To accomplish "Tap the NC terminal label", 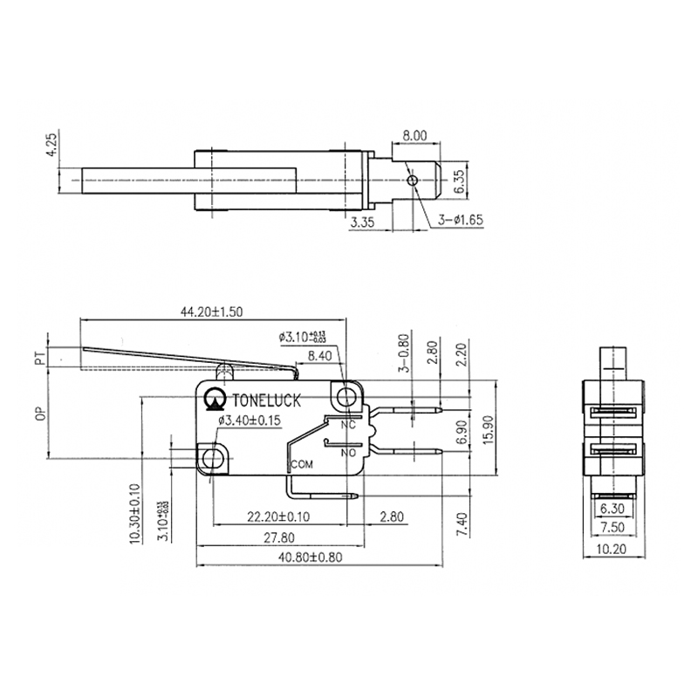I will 348,425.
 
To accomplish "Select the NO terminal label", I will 348,452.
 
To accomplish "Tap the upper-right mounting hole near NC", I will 349,398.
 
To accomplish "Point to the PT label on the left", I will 39,358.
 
